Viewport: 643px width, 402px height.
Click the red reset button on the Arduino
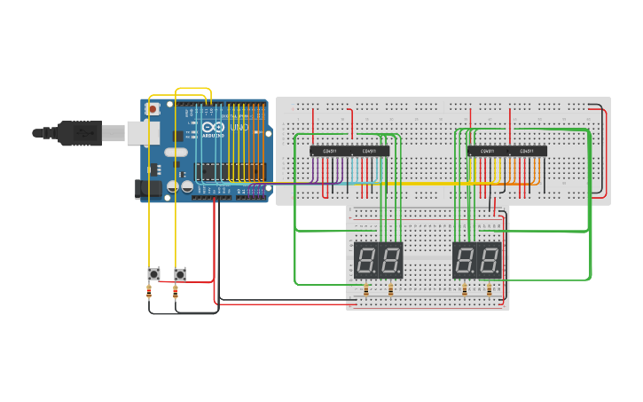[x=153, y=109]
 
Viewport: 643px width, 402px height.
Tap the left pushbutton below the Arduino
[x=153, y=273]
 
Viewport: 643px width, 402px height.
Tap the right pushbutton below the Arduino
[x=180, y=273]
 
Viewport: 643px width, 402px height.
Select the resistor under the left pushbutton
[x=148, y=290]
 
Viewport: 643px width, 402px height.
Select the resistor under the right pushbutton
[x=176, y=290]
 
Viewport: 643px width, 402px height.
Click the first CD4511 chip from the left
[x=329, y=151]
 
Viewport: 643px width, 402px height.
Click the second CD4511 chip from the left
[x=369, y=151]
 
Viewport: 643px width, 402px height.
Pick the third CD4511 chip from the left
[x=487, y=151]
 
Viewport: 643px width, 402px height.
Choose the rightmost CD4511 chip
[x=527, y=151]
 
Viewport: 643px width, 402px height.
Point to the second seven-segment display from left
[x=391, y=260]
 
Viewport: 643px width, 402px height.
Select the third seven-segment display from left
[x=465, y=260]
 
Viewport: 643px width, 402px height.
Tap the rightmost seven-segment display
[x=490, y=260]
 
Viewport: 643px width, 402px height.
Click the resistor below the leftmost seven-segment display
[x=366, y=289]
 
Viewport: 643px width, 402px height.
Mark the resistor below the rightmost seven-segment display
[x=489, y=289]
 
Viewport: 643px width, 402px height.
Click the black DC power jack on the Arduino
[x=145, y=187]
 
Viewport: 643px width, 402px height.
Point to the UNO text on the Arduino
[x=239, y=128]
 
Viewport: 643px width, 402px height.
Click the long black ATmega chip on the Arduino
[x=222, y=170]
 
